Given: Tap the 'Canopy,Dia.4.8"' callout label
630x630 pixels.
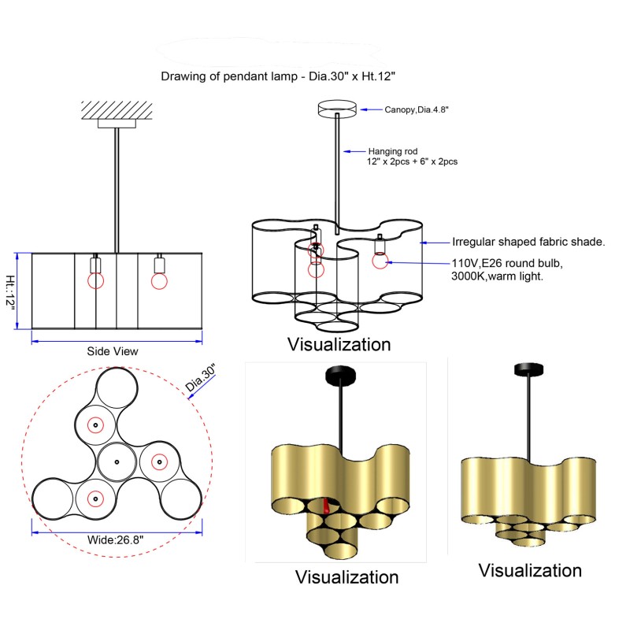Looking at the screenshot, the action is [x=417, y=109].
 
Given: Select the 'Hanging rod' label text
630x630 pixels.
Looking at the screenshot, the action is [x=393, y=151].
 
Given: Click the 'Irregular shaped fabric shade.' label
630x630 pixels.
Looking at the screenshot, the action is [x=528, y=242].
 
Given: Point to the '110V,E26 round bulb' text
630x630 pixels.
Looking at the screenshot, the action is [x=507, y=263].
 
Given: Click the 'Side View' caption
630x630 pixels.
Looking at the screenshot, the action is [x=113, y=351].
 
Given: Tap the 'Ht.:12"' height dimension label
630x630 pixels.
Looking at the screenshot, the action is [x=10, y=291].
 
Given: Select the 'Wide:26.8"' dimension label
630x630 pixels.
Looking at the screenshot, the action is [x=115, y=539].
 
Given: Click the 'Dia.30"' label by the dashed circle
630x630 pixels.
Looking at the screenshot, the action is [x=201, y=377].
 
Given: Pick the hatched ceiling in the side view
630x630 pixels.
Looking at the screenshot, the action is [x=117, y=110].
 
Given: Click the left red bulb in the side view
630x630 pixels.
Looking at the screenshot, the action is [x=95, y=280].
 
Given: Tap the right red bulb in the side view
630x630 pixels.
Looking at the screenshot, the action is [x=159, y=281].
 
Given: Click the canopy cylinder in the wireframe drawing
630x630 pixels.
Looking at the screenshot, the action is [x=337, y=109].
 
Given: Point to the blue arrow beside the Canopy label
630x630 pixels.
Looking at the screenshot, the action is [x=371, y=109].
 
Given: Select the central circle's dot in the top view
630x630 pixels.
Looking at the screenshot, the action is [x=117, y=462].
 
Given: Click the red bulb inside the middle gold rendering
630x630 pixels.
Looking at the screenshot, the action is [x=325, y=506].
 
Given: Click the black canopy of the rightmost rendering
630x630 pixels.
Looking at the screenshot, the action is [x=528, y=369].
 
